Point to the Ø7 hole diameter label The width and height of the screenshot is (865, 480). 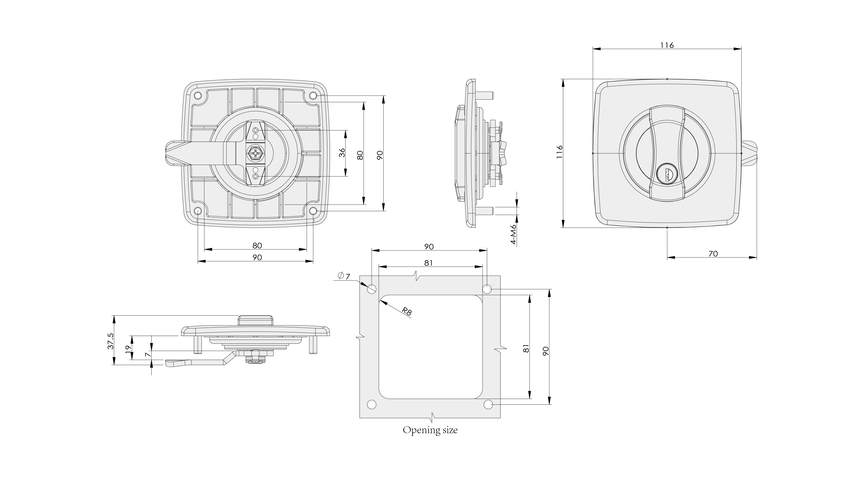coord(344,276)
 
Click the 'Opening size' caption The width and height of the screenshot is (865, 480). coord(430,430)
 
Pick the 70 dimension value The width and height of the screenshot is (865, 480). coord(713,254)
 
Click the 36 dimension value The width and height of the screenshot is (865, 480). coord(342,153)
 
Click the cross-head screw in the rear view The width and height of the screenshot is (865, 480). coord(256,154)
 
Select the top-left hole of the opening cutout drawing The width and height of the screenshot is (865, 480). coord(372,289)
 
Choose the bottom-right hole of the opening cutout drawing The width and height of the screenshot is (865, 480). coord(488,404)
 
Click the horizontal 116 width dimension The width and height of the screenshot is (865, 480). coord(667,45)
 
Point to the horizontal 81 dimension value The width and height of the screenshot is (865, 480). coord(429,263)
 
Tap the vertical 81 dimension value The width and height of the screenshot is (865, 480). coord(526,348)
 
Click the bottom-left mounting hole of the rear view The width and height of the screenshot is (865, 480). coord(198,211)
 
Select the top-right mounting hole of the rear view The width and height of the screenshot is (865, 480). coord(313,96)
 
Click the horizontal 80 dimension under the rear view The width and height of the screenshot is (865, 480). coord(257,246)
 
